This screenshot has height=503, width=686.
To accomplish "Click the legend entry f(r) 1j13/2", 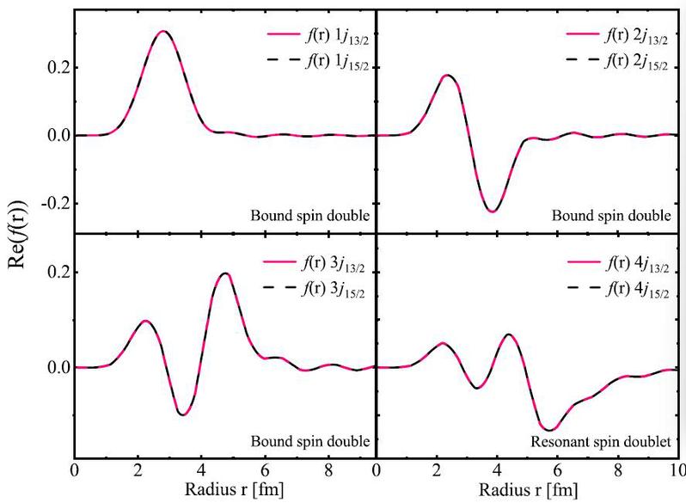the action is point(318,36).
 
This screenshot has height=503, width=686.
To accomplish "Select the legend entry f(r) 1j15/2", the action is point(318,61).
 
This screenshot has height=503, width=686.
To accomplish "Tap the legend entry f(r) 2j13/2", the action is point(617,36).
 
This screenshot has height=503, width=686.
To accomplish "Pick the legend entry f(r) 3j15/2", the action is point(314,289).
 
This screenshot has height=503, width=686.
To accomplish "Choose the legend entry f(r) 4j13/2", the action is point(619,264).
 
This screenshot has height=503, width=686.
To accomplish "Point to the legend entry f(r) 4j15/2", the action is point(619,290).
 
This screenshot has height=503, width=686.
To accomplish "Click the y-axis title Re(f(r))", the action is point(17,235).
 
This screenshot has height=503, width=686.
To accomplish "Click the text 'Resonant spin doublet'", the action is point(601,442).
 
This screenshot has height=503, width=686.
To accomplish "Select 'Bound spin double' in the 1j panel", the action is point(309,216).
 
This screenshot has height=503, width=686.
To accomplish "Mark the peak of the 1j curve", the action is point(162,31).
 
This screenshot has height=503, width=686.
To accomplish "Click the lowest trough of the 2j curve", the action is point(493,212).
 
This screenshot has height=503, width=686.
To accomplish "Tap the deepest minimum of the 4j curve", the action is point(549,430).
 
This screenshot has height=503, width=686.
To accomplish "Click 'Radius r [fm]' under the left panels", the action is point(234,489).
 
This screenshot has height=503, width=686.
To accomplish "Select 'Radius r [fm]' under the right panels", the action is point(529,489).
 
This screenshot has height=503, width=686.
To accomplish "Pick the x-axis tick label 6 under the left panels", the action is point(265,470).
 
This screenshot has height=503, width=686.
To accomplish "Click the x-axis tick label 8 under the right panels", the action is point(617,470).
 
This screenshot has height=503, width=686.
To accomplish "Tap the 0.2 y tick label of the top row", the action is point(58,68).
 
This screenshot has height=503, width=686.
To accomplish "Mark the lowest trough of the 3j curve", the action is point(183,414).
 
